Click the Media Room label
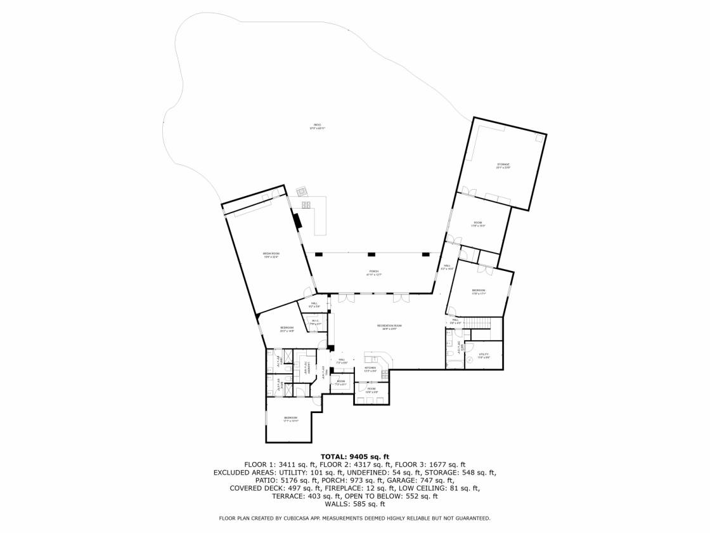pyautogui.click(x=271, y=255)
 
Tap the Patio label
pyautogui.click(x=317, y=126)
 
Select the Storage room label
pyautogui.click(x=503, y=166)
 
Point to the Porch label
pyautogui.click(x=373, y=273)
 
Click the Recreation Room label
pyautogui.click(x=389, y=327)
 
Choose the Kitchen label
pyautogui.click(x=370, y=369)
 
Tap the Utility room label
pyautogui.click(x=484, y=355)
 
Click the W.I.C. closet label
pyautogui.click(x=315, y=322)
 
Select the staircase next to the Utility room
pyautogui.click(x=481, y=324)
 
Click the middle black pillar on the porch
pyautogui.click(x=372, y=254)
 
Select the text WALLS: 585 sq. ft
pyautogui.click(x=354, y=504)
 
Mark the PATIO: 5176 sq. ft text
pyautogui.click(x=283, y=480)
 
